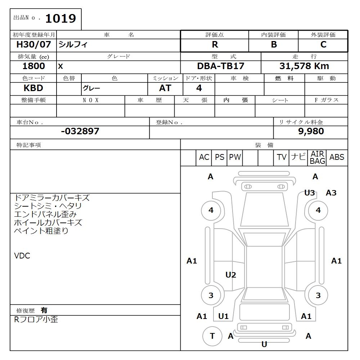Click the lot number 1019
point(60,18)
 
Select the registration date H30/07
point(33,44)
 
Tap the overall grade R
point(215,45)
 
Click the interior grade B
point(274,45)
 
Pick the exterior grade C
point(323,45)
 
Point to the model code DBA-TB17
point(221,66)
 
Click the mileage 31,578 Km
point(304,66)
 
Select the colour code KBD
point(33,88)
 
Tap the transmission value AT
point(165,88)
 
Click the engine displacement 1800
point(33,66)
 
